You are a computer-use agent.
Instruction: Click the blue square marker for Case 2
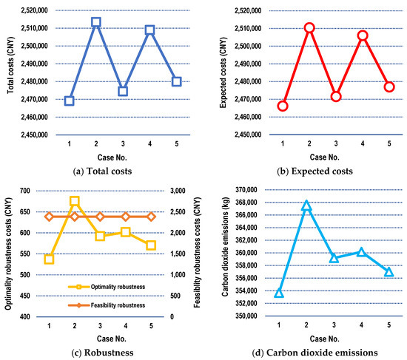[95, 22]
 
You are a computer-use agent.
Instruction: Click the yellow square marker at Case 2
[74, 201]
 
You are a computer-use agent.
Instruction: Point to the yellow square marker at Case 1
[49, 259]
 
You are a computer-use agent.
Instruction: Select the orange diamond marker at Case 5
[150, 217]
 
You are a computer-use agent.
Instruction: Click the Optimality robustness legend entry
[108, 285]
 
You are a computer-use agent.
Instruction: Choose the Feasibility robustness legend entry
[108, 304]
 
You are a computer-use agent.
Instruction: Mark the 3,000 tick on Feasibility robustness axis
[179, 191]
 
